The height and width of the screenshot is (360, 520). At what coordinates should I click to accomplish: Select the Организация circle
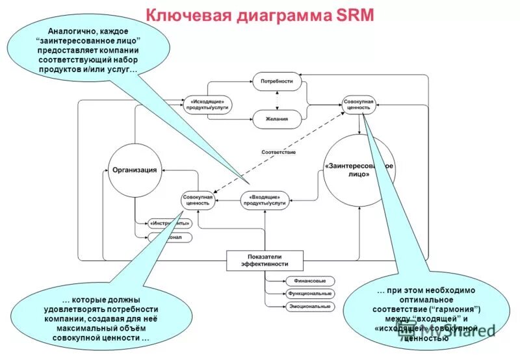[135, 170]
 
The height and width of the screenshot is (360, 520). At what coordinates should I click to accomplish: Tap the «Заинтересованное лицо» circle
[359, 170]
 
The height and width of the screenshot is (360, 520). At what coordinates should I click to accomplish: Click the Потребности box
[277, 83]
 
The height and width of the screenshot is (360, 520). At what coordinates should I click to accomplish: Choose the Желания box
[277, 120]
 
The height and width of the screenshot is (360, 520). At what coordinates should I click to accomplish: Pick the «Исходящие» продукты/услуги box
[207, 105]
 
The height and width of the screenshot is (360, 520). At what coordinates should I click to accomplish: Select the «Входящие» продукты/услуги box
[265, 200]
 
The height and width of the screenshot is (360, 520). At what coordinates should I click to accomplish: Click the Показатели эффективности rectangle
[265, 261]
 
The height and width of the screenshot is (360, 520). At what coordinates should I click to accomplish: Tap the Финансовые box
[310, 281]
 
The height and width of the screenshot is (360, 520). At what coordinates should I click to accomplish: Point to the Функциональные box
[310, 294]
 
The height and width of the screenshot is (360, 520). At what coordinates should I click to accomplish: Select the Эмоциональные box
[310, 306]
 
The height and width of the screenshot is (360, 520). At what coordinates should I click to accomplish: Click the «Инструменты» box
[170, 224]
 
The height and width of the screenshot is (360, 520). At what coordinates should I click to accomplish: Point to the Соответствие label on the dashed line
[278, 152]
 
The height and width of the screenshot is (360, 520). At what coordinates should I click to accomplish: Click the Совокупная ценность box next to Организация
[197, 200]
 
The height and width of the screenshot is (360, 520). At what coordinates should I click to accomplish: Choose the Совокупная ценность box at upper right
[359, 105]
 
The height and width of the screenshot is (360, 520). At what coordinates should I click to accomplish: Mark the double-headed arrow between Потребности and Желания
[278, 101]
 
